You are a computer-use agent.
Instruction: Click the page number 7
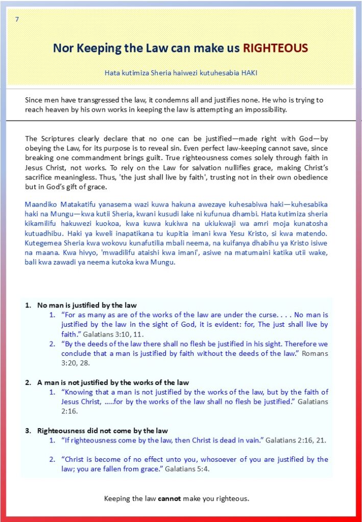17,19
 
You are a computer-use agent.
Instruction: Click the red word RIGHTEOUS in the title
275,48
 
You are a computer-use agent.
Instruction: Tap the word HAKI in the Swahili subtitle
247,73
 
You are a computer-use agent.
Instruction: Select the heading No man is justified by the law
87,305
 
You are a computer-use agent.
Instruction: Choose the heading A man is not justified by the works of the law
113,382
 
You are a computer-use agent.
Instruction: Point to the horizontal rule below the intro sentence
181,121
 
